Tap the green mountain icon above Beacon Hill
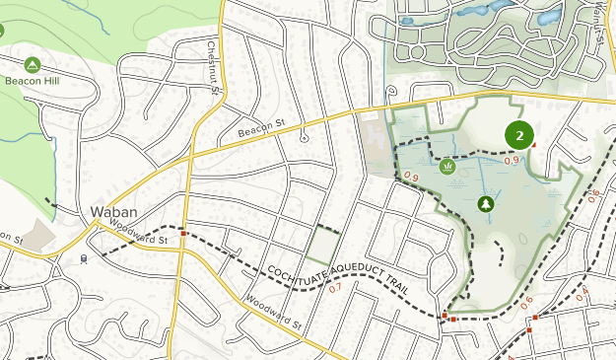(x=32, y=63)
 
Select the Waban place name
(x=111, y=212)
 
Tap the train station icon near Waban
(x=85, y=258)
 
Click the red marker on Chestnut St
(x=183, y=234)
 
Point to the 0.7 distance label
(x=335, y=288)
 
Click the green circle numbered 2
(x=518, y=135)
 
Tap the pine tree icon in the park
(x=485, y=204)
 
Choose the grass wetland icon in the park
(x=447, y=167)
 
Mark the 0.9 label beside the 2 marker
(x=512, y=160)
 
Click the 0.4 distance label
(x=582, y=291)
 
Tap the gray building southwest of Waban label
(x=38, y=235)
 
